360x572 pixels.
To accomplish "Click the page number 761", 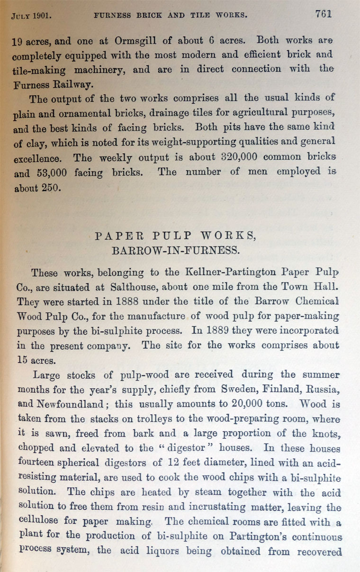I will (x=324, y=14).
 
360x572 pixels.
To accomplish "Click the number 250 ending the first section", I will (x=50, y=188).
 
